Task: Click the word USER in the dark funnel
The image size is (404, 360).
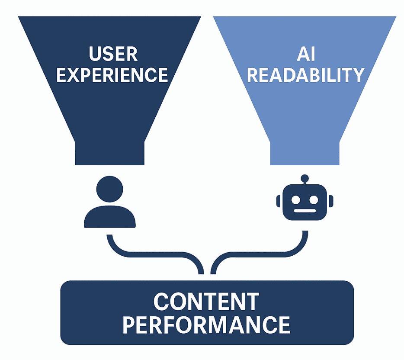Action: [x=113, y=55]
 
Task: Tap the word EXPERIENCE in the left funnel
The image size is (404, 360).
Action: [x=112, y=75]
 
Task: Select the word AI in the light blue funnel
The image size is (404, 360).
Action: [x=305, y=55]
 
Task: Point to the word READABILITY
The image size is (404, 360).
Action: [x=306, y=75]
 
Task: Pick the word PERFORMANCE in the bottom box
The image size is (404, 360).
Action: [x=206, y=325]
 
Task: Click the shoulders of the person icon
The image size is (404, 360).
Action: [x=110, y=219]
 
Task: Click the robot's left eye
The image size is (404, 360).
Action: [x=296, y=199]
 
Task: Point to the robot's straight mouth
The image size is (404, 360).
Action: [x=305, y=212]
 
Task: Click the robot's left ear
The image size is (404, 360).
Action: [x=279, y=201]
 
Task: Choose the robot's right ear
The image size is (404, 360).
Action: [x=331, y=201]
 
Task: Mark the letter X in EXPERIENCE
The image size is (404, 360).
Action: [x=74, y=75]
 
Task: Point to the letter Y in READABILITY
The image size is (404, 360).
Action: [x=357, y=75]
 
